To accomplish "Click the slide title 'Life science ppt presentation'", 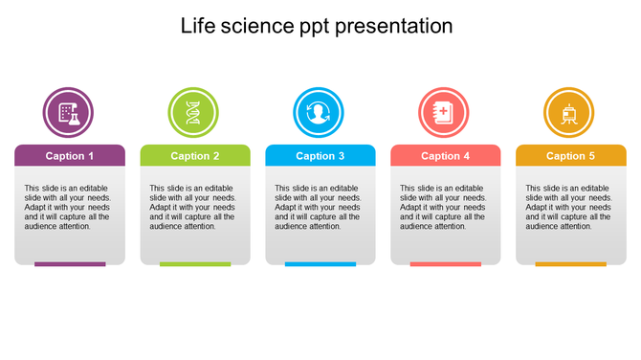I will (317, 26).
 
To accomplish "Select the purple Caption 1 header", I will (70, 156).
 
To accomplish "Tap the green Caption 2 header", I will (195, 156).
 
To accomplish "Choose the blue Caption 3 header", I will (320, 156).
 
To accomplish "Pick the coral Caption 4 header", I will (446, 156).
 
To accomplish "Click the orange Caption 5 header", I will (571, 156).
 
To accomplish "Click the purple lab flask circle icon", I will (68, 112).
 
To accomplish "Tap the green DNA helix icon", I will (193, 112).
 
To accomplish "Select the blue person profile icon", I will (319, 112).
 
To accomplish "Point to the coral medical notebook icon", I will (444, 112).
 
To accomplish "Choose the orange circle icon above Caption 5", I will (569, 112).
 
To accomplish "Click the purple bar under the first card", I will (70, 264).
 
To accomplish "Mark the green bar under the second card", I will (195, 264).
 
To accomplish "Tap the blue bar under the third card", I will (320, 264).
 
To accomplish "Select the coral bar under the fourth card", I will (446, 264).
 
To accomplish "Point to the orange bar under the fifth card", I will (571, 264).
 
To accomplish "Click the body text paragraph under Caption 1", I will (68, 207).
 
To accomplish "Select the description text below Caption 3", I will (319, 207).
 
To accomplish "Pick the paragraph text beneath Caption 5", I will (569, 207).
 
